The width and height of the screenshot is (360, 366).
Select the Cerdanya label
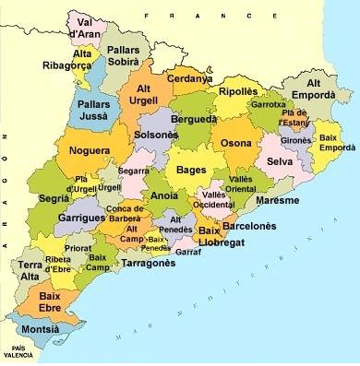(189, 78)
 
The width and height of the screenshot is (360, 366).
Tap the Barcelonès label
(249, 225)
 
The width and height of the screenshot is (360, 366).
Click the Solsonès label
(156, 135)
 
